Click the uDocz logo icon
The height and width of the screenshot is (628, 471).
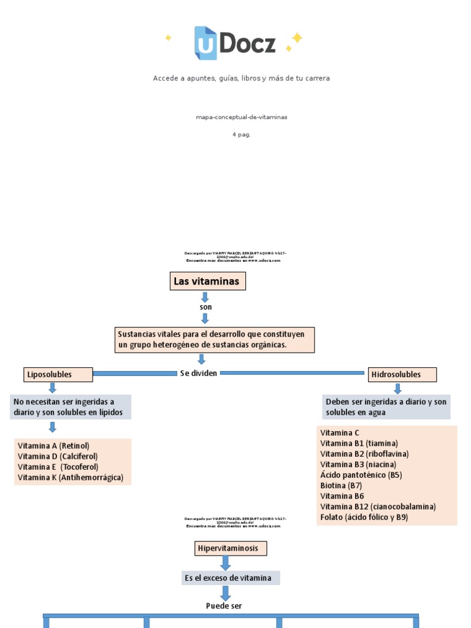205,43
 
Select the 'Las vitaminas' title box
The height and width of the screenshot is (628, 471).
207,281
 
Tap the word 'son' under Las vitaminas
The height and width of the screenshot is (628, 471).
205,307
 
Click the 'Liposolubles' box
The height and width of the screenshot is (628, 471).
58,374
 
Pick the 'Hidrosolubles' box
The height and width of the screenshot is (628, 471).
403,374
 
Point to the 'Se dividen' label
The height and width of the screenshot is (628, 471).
198,373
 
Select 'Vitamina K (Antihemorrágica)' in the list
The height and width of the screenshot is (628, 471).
71,477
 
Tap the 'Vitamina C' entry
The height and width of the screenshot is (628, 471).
340,432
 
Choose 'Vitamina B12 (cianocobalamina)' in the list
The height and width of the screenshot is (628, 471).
378,507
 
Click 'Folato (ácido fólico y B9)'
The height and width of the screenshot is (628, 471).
364,517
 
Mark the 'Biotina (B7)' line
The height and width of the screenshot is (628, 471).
341,485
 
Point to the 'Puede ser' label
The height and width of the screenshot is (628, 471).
224,606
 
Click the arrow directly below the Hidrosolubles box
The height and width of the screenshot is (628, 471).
397,388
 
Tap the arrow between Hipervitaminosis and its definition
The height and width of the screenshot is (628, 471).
225,562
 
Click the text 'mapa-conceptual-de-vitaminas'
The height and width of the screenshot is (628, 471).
241,117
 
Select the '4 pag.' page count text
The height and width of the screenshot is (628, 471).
241,134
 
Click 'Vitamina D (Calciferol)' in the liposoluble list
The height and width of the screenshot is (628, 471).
58,456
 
